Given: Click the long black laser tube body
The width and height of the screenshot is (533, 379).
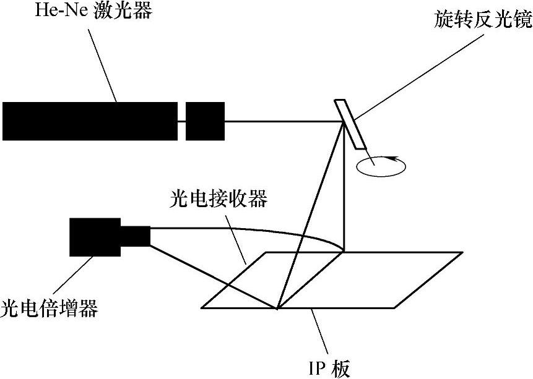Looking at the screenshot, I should [x=90, y=121].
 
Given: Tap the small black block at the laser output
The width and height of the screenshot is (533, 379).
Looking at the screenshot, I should [x=205, y=121].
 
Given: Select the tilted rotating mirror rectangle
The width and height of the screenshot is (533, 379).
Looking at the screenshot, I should [x=350, y=124].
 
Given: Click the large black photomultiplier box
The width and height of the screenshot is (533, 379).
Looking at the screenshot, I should [x=95, y=237].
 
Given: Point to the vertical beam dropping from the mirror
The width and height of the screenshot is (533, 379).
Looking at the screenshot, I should [x=344, y=185].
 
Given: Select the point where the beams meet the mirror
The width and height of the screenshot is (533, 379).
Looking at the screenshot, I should [x=344, y=122].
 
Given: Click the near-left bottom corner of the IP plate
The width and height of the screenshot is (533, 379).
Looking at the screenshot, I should [x=202, y=307].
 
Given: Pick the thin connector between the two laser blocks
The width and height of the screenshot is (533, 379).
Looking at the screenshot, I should [x=182, y=121].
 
